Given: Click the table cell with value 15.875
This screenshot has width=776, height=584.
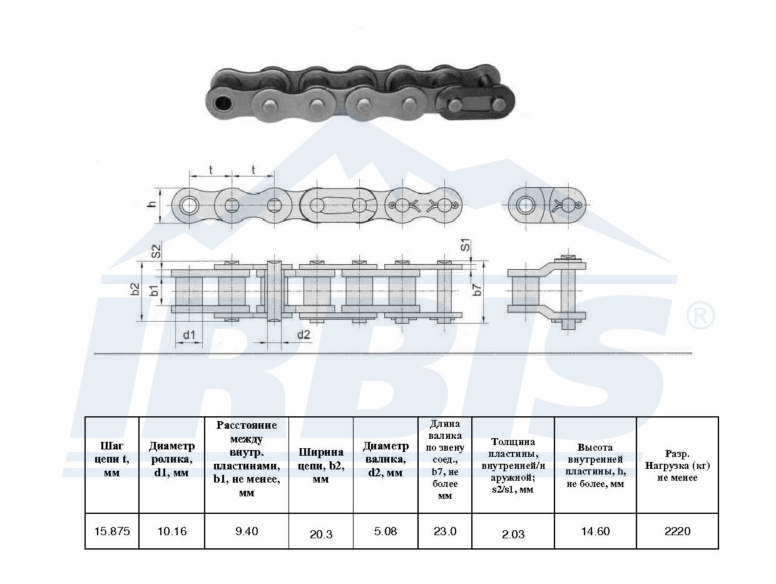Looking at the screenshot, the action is click(x=112, y=531).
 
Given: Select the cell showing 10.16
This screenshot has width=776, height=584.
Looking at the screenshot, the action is click(x=172, y=531).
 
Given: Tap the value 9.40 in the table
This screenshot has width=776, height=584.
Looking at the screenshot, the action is click(x=247, y=531).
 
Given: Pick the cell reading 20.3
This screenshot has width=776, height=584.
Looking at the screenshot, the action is click(x=321, y=534).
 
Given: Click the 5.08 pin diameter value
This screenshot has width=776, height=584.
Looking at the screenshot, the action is click(x=385, y=531).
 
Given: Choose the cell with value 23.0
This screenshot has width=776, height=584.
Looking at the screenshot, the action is click(x=445, y=531).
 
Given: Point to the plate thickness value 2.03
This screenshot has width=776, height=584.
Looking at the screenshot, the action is click(x=513, y=534).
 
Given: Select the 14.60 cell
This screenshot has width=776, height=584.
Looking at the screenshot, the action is click(x=595, y=531).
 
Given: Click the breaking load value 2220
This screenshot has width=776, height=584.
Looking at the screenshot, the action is click(x=677, y=531).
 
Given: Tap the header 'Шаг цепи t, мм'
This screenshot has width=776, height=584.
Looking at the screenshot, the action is click(x=112, y=459).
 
